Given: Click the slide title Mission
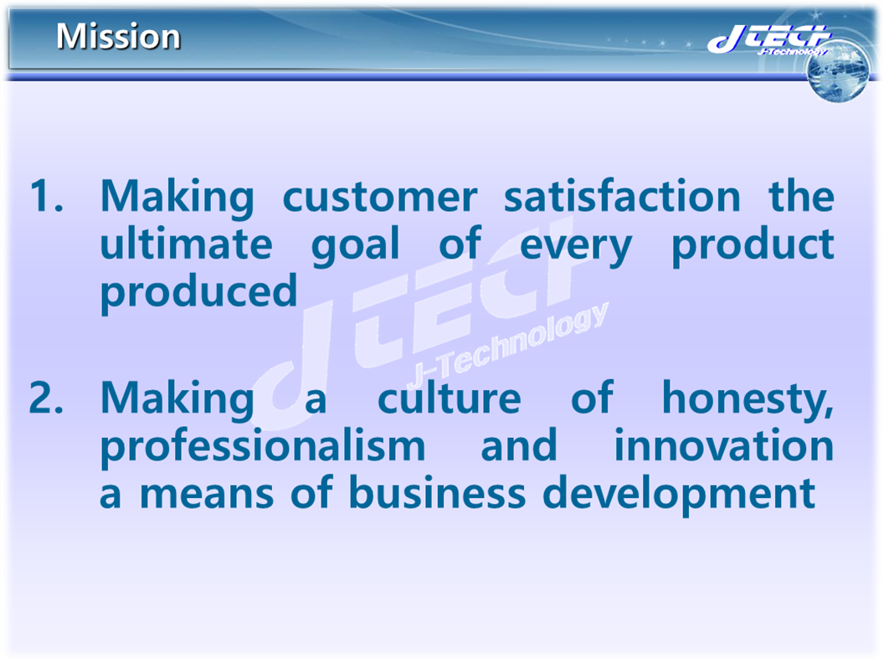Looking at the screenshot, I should coord(118,36).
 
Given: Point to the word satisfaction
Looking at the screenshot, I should coord(621,197).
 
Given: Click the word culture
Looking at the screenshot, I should coord(449,398).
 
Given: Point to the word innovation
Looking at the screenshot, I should coord(724,445).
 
